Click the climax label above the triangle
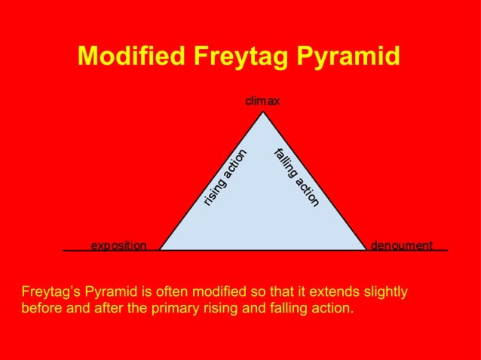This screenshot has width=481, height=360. pyautogui.click(x=262, y=101)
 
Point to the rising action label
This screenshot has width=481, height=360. pyautogui.click(x=226, y=177)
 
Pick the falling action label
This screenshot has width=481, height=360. pyautogui.click(x=297, y=178)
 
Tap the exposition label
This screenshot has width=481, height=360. pyautogui.click(x=119, y=245)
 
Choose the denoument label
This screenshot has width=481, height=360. pyautogui.click(x=402, y=245)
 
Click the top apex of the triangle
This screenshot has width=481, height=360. pyautogui.click(x=263, y=112)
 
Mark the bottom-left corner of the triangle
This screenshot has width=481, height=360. pyautogui.click(x=161, y=249)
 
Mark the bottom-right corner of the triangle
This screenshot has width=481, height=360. pyautogui.click(x=366, y=249)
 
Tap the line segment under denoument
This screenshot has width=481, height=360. pyautogui.click(x=407, y=250)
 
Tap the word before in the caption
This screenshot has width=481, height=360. pyautogui.click(x=42, y=308)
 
